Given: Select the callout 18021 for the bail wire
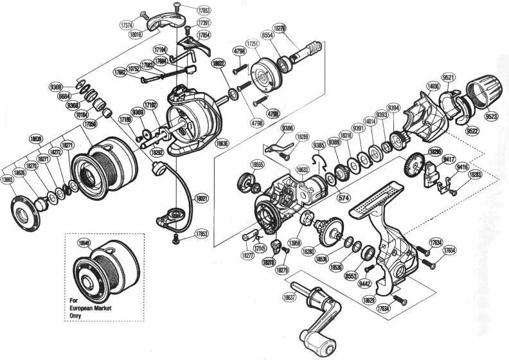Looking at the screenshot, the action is point(203,199).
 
